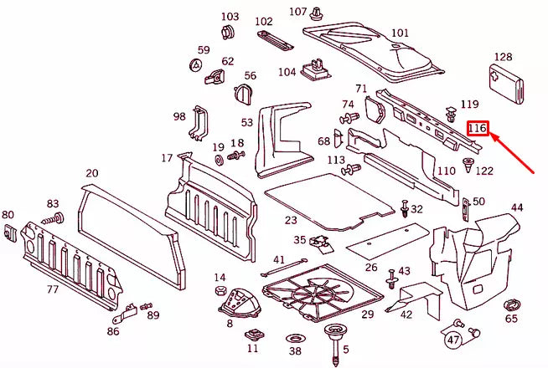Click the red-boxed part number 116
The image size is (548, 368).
click(x=478, y=128)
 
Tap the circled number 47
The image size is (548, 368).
click(x=453, y=340)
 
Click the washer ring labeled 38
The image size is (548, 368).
click(x=294, y=339)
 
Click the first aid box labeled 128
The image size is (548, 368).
click(x=506, y=84)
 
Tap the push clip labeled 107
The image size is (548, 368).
click(x=317, y=13)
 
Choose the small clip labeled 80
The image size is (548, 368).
click(x=10, y=233)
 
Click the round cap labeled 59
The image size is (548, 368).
click(x=196, y=65)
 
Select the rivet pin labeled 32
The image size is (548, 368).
click(x=405, y=208)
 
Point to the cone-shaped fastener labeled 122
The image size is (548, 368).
click(x=468, y=165)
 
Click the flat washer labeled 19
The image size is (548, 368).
click(x=220, y=160)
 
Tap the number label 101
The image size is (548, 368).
click(x=401, y=33)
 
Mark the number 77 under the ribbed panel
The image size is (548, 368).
click(x=53, y=289)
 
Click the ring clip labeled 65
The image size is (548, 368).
click(x=510, y=306)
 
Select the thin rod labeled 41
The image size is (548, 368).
click(x=284, y=267)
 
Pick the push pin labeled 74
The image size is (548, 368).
click(x=349, y=118)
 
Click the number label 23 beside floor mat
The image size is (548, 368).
click(x=291, y=220)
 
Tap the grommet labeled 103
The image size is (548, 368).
click(x=228, y=33)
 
